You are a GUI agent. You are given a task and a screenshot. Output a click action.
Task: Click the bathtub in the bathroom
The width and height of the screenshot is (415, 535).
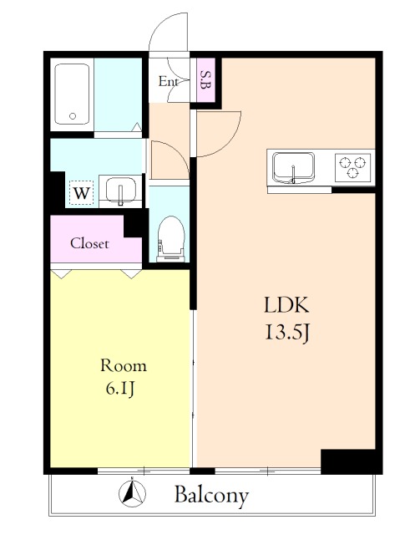(73, 94)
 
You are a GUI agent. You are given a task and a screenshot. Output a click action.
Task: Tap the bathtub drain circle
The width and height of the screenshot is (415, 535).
(73, 116)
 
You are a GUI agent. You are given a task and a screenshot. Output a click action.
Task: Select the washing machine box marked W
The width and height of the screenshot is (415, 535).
(82, 193)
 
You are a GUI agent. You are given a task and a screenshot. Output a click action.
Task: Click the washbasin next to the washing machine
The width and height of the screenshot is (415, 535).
(120, 191)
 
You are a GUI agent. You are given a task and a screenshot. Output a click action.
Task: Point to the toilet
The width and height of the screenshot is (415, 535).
(171, 240)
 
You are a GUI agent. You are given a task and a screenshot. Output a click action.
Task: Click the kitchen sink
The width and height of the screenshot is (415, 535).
(293, 167)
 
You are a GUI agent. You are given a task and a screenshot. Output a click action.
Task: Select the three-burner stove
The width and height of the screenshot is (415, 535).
(353, 167)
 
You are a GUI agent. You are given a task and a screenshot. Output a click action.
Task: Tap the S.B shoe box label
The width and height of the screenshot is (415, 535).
(205, 80)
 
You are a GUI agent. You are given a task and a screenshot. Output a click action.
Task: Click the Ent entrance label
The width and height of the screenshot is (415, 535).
(169, 81)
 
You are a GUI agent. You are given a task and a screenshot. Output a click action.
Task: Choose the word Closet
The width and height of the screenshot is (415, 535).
(89, 243)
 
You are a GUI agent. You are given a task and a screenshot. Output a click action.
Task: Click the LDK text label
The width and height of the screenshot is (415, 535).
(286, 305)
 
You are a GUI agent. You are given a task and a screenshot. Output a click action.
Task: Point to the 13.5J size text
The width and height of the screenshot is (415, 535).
(287, 333)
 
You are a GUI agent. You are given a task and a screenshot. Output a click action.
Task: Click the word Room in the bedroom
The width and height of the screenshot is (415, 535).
(124, 366)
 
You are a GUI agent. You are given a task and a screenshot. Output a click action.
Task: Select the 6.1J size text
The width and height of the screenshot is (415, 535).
(120, 389)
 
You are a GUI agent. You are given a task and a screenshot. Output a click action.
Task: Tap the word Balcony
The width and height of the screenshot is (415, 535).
(211, 496)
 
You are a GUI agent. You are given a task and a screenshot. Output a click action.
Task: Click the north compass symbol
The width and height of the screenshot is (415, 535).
(132, 493)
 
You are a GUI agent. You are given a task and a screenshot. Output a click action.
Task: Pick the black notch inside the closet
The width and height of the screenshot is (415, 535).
(134, 226)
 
